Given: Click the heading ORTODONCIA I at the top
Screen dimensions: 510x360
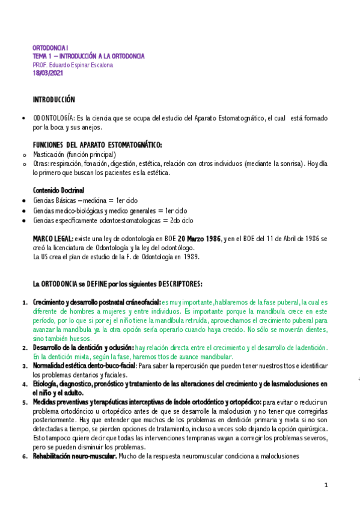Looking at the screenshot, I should [51, 47].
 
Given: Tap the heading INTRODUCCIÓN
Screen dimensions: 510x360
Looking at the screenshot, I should [54, 99].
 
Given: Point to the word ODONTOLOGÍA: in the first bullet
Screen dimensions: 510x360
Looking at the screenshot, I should [54, 118].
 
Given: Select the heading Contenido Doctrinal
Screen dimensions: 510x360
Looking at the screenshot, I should [59, 190].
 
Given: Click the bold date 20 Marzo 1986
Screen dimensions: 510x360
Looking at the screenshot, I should [200, 239].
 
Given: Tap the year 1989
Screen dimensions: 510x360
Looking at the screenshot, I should [188, 257].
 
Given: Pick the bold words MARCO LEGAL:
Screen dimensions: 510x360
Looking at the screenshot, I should [53, 239].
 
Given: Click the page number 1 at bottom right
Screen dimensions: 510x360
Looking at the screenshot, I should [326, 485].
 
